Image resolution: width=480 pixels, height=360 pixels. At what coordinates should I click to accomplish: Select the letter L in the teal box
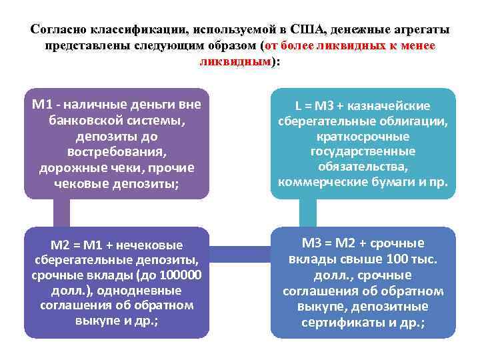pyautogui.click(x=299, y=105)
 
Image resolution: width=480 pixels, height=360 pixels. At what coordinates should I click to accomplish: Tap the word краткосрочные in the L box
pyautogui.click(x=363, y=136)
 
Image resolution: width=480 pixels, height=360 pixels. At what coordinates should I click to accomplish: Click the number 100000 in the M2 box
pyautogui.click(x=179, y=275)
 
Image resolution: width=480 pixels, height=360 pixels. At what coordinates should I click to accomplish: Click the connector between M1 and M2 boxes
pyautogui.click(x=61, y=213)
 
